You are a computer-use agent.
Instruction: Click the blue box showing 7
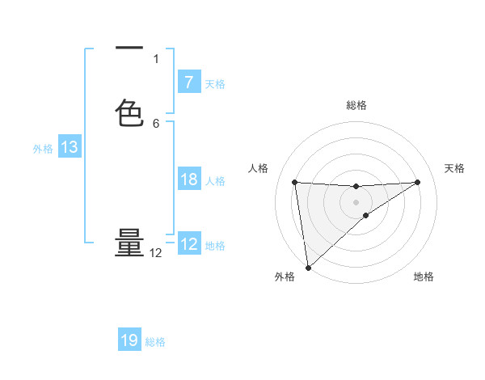click(x=188, y=82)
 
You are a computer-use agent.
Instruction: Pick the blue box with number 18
click(x=188, y=179)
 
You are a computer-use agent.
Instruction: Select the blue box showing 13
click(x=69, y=147)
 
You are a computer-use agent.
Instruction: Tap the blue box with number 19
click(x=129, y=340)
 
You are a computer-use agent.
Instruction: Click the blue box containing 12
click(x=188, y=244)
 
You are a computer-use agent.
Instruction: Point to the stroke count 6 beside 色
click(x=156, y=124)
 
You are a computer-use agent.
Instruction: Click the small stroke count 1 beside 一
click(x=156, y=59)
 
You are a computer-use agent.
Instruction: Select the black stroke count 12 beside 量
click(x=156, y=253)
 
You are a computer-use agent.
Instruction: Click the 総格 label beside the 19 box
click(x=155, y=342)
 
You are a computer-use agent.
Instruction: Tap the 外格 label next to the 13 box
click(x=43, y=149)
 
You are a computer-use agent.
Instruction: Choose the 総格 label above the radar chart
click(x=356, y=105)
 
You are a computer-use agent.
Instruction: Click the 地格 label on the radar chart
click(x=424, y=277)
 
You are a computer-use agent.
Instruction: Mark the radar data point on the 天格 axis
click(x=417, y=182)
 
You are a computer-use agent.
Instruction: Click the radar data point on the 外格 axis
click(x=308, y=268)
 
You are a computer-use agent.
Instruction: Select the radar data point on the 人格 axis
click(x=294, y=182)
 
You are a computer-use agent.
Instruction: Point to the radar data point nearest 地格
click(x=366, y=215)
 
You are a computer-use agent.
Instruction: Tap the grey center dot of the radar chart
click(x=356, y=201)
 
